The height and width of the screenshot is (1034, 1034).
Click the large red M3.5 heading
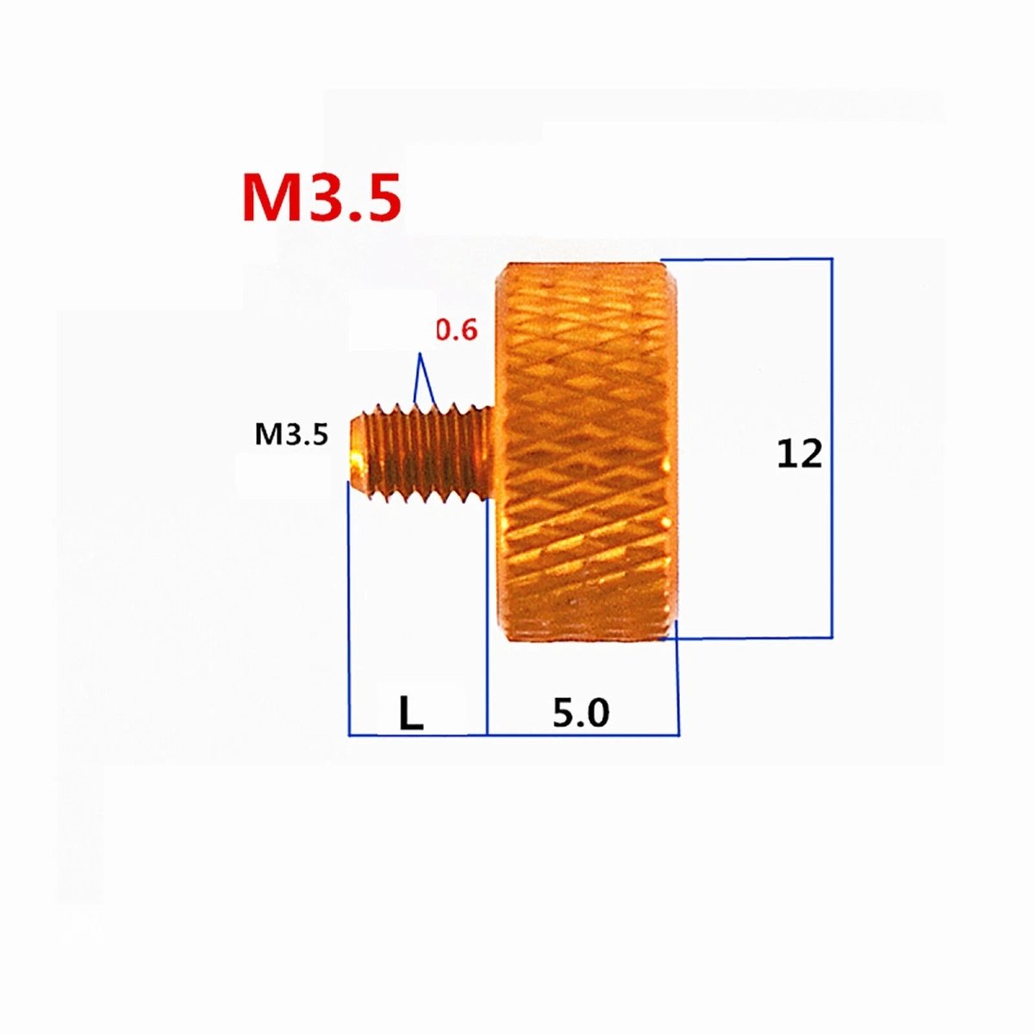[x=322, y=197]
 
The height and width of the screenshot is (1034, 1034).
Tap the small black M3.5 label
[x=290, y=434]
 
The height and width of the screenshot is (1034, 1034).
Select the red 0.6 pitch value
[x=456, y=331]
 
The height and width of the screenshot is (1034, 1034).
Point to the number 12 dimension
[x=800, y=454]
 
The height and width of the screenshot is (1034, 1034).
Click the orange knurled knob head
[x=587, y=451]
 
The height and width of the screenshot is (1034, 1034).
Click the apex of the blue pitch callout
[x=420, y=353]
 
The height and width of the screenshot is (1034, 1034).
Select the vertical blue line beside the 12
[x=832, y=448]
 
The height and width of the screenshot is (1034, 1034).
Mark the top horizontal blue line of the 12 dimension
[x=746, y=259]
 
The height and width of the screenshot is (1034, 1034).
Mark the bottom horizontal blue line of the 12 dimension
[x=746, y=638]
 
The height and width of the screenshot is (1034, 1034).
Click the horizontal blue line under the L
[x=418, y=735]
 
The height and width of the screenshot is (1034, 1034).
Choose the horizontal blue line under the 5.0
[x=583, y=735]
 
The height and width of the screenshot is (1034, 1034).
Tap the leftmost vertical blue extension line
[x=349, y=608]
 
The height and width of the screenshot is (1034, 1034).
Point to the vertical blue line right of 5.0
[x=678, y=678]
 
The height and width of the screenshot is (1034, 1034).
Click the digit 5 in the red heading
[x=379, y=197]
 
